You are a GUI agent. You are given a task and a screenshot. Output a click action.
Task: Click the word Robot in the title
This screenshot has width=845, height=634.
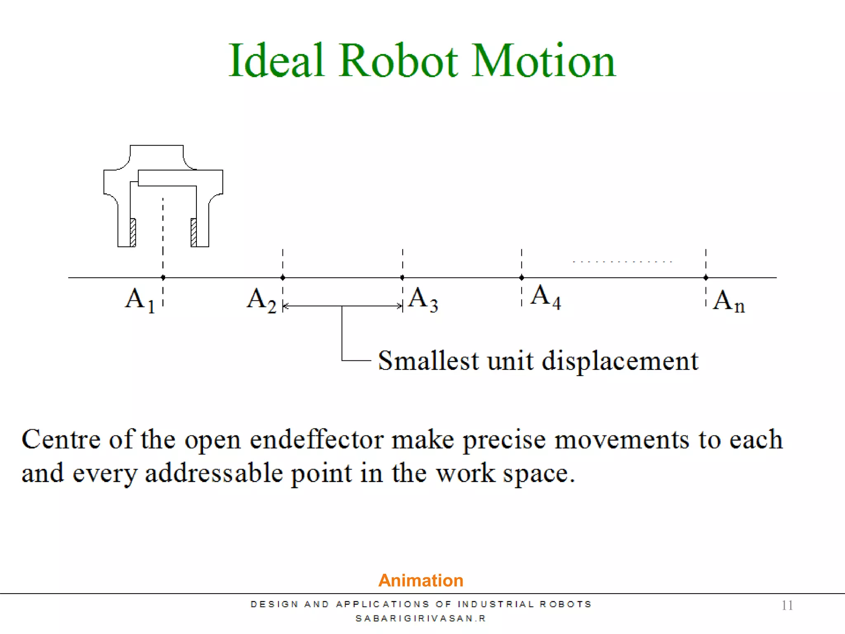click(x=398, y=61)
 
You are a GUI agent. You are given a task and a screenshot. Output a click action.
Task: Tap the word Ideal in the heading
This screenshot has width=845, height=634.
click(x=276, y=61)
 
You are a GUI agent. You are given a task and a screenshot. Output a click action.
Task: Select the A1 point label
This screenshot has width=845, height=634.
click(x=139, y=300)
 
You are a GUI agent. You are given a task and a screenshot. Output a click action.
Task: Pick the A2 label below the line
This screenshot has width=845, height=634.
click(x=261, y=300)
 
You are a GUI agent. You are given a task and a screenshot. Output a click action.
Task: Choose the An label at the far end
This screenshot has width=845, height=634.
click(x=729, y=301)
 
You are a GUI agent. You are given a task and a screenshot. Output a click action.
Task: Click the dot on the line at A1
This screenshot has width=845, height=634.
click(x=163, y=277)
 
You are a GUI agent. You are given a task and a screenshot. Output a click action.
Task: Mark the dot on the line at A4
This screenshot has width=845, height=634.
click(x=522, y=277)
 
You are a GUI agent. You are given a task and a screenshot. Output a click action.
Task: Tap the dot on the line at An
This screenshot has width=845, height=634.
click(x=706, y=277)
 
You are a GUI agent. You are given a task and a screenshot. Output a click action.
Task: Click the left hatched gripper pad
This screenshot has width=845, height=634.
click(x=133, y=232)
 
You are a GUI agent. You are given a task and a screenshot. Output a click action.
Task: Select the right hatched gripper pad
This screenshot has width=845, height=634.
click(x=194, y=232)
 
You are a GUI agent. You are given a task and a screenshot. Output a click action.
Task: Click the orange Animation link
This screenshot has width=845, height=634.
click(x=420, y=580)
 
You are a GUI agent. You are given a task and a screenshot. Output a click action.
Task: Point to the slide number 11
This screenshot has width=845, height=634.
click(x=787, y=605)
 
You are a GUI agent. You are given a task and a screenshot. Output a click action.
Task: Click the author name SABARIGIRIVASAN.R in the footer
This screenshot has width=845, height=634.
click(x=420, y=618)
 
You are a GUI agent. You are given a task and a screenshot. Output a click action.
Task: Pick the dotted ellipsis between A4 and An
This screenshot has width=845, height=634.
click(x=622, y=262)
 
